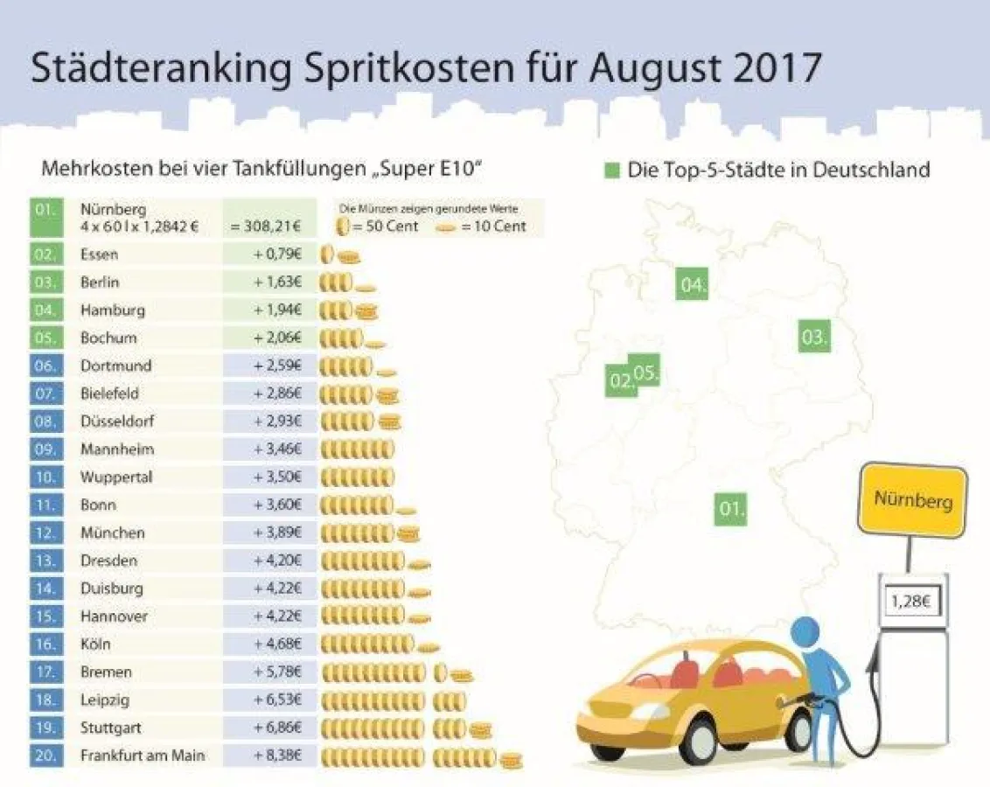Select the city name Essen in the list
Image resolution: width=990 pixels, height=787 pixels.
[x=99, y=254]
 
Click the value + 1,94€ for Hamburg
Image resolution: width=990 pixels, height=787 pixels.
[x=277, y=310]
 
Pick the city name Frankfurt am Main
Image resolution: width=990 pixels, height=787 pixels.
[x=142, y=755]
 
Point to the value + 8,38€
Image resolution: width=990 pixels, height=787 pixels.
[x=277, y=755]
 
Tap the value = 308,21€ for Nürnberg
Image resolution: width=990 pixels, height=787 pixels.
[x=266, y=226]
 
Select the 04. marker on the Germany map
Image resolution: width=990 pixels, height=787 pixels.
[x=692, y=285]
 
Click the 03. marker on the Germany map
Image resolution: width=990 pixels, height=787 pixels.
[x=813, y=337]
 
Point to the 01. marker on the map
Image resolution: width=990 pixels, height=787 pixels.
[x=730, y=508]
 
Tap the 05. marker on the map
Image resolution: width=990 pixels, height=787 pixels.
[x=646, y=372]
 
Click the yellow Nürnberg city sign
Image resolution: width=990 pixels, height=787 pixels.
[x=913, y=500]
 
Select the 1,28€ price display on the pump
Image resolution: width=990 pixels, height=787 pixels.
[x=909, y=602]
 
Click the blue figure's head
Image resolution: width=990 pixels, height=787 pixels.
[x=805, y=632]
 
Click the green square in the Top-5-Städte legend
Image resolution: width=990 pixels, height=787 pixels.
[x=613, y=170]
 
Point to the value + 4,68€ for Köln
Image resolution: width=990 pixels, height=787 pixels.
[x=277, y=644]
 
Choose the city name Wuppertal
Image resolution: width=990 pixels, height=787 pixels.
[x=116, y=477]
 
